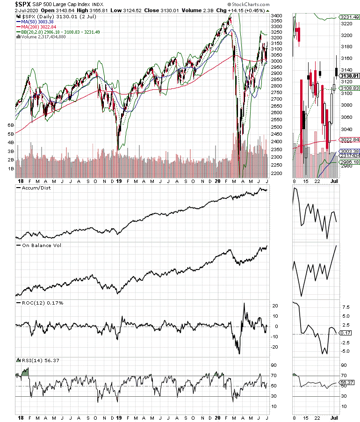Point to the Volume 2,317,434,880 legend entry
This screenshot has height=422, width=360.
[x=43, y=37]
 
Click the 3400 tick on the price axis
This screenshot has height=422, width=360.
[x=277, y=16]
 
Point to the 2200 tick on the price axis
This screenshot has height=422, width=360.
[x=277, y=174]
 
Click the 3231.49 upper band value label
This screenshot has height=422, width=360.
[x=349, y=17]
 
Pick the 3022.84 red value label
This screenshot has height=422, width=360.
[x=349, y=139]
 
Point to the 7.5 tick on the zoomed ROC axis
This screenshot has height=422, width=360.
[x=346, y=308]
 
